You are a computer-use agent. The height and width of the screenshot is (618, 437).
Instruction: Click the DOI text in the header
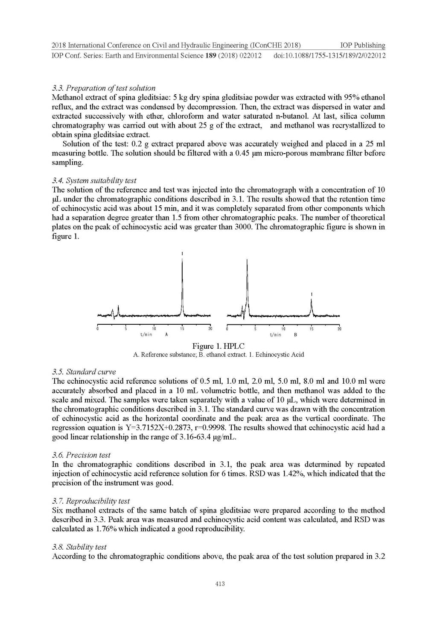(329, 55)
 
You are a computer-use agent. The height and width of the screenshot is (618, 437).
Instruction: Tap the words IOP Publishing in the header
(363, 45)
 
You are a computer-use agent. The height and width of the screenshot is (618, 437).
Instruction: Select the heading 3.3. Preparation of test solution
(104, 88)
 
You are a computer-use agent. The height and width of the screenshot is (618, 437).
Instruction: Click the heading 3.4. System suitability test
(94, 181)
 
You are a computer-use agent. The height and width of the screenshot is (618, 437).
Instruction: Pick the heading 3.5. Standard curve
(84, 371)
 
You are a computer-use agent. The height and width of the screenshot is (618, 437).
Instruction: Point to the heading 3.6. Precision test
(81, 455)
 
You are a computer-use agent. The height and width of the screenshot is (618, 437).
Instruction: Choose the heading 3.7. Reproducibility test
(91, 501)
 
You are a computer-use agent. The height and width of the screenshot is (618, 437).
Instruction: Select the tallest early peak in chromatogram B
(247, 286)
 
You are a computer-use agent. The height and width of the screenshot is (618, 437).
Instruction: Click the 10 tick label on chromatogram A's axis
(154, 329)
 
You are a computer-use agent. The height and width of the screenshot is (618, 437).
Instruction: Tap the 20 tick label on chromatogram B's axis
(339, 329)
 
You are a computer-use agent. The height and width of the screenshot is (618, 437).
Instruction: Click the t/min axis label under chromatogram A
(146, 335)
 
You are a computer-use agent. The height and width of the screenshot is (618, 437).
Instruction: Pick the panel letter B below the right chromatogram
(295, 335)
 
